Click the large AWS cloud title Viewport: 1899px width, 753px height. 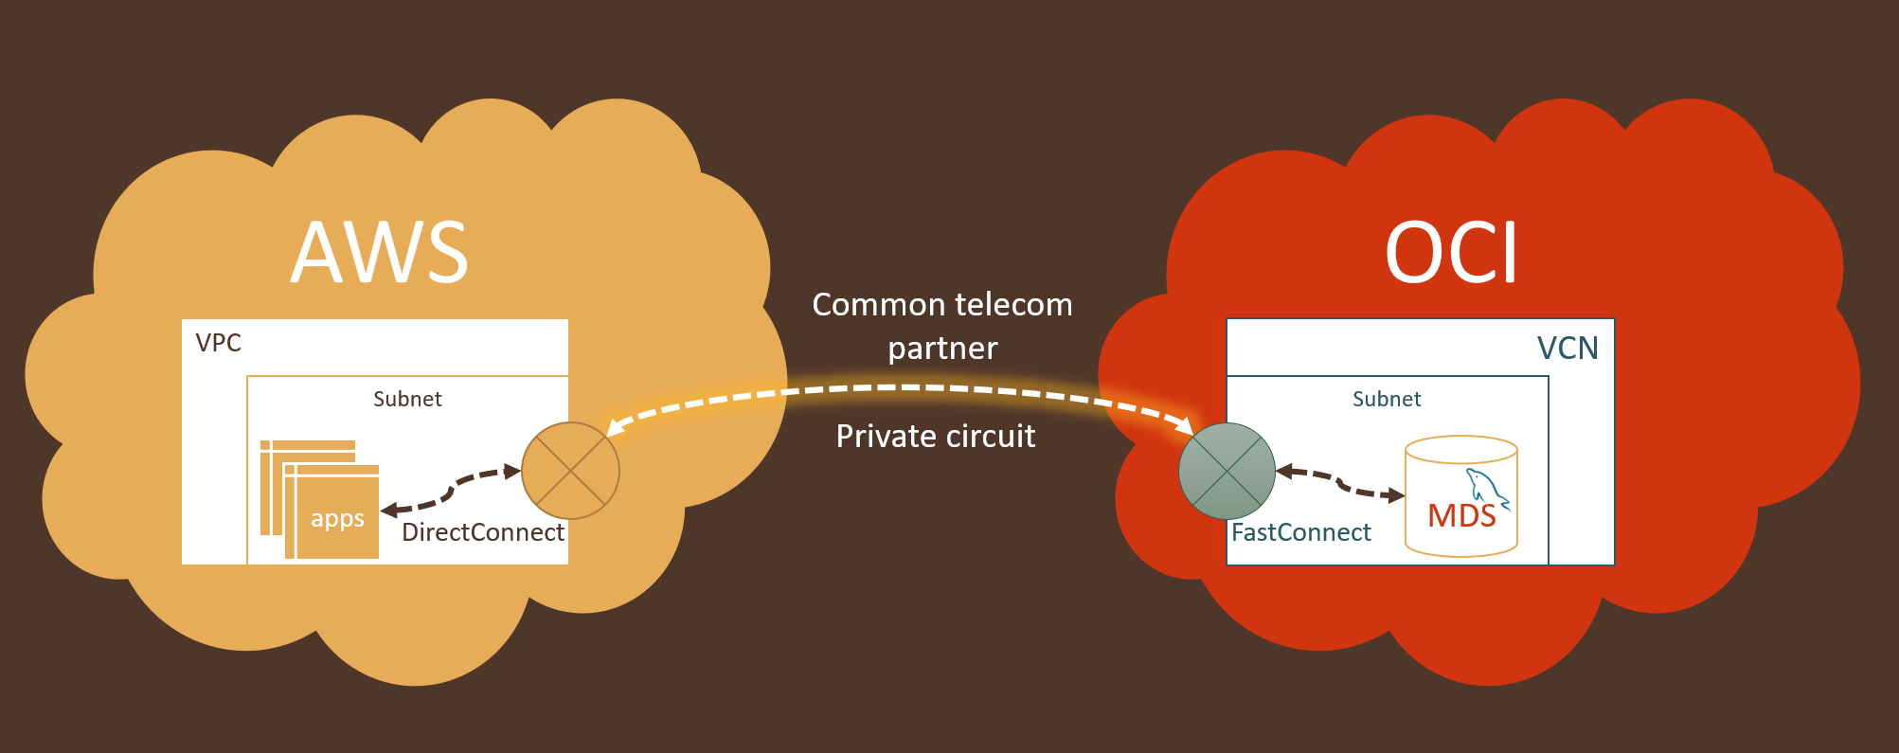click(380, 253)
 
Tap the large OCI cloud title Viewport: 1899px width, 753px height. click(1451, 253)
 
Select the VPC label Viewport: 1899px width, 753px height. click(218, 343)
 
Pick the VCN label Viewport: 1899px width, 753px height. click(1567, 349)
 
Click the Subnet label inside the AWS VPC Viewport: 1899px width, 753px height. click(407, 399)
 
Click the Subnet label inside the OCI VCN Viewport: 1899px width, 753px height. click(1387, 399)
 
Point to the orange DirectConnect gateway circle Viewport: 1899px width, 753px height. click(570, 471)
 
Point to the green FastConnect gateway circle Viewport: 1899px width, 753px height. click(1227, 471)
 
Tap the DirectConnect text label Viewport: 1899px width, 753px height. click(482, 532)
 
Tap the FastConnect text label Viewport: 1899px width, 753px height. click(1300, 532)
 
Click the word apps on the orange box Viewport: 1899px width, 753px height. click(337, 519)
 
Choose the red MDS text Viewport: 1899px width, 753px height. click(1461, 516)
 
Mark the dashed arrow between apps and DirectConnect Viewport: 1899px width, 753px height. click(451, 490)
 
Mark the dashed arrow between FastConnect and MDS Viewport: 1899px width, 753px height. click(1339, 483)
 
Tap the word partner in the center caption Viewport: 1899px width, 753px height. click(942, 349)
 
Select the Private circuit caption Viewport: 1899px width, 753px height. click(936, 437)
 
